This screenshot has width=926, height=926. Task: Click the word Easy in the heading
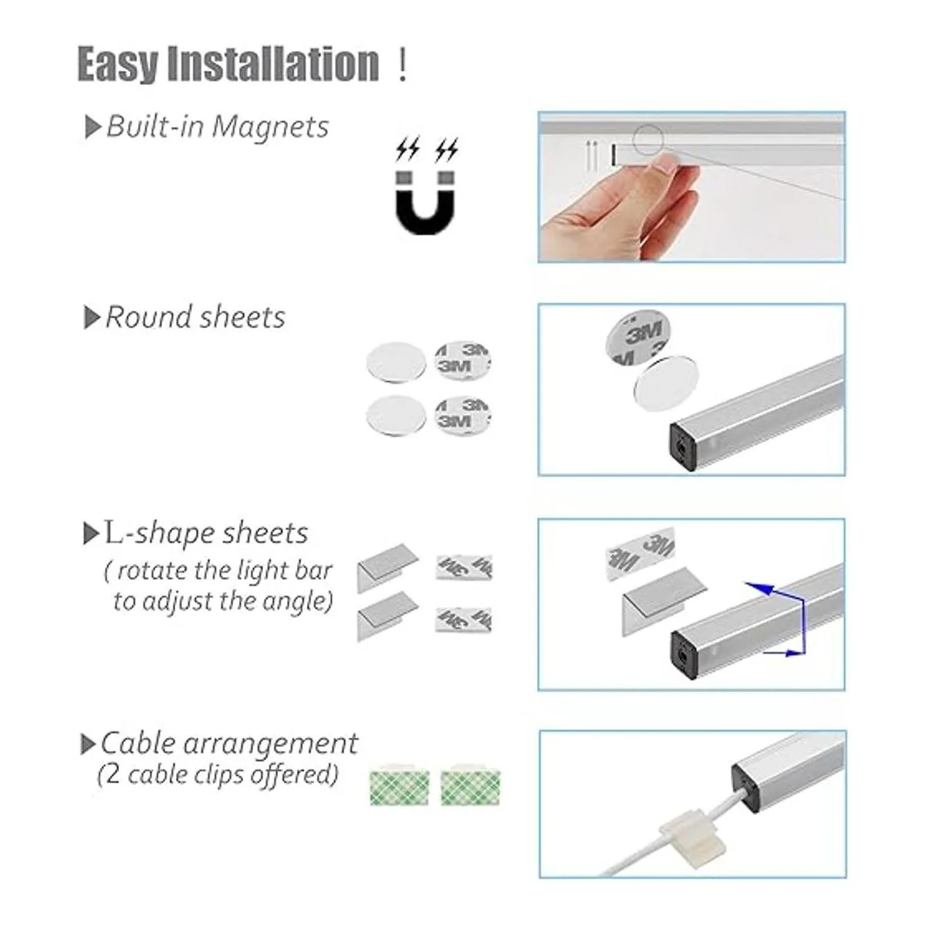(x=118, y=64)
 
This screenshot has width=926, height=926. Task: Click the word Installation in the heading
(x=273, y=63)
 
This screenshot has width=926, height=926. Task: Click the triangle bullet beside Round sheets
(x=91, y=318)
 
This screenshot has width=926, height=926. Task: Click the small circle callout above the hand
(x=647, y=140)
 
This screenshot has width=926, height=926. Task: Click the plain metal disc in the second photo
(x=666, y=384)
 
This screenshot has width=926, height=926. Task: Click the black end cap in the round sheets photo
(x=683, y=447)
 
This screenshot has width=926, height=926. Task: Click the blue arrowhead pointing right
(x=793, y=653)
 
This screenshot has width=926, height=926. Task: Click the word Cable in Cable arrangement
(x=138, y=745)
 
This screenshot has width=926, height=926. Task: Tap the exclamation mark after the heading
(x=403, y=66)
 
